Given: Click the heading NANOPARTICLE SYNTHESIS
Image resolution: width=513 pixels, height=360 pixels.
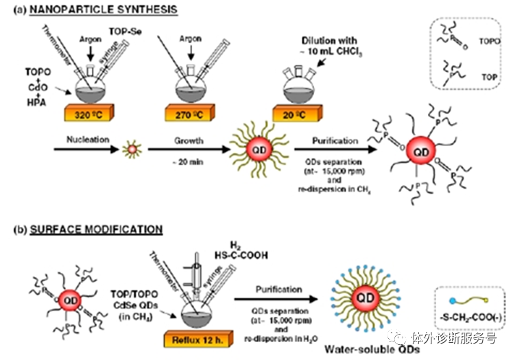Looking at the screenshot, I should pyautogui.click(x=104, y=11).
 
